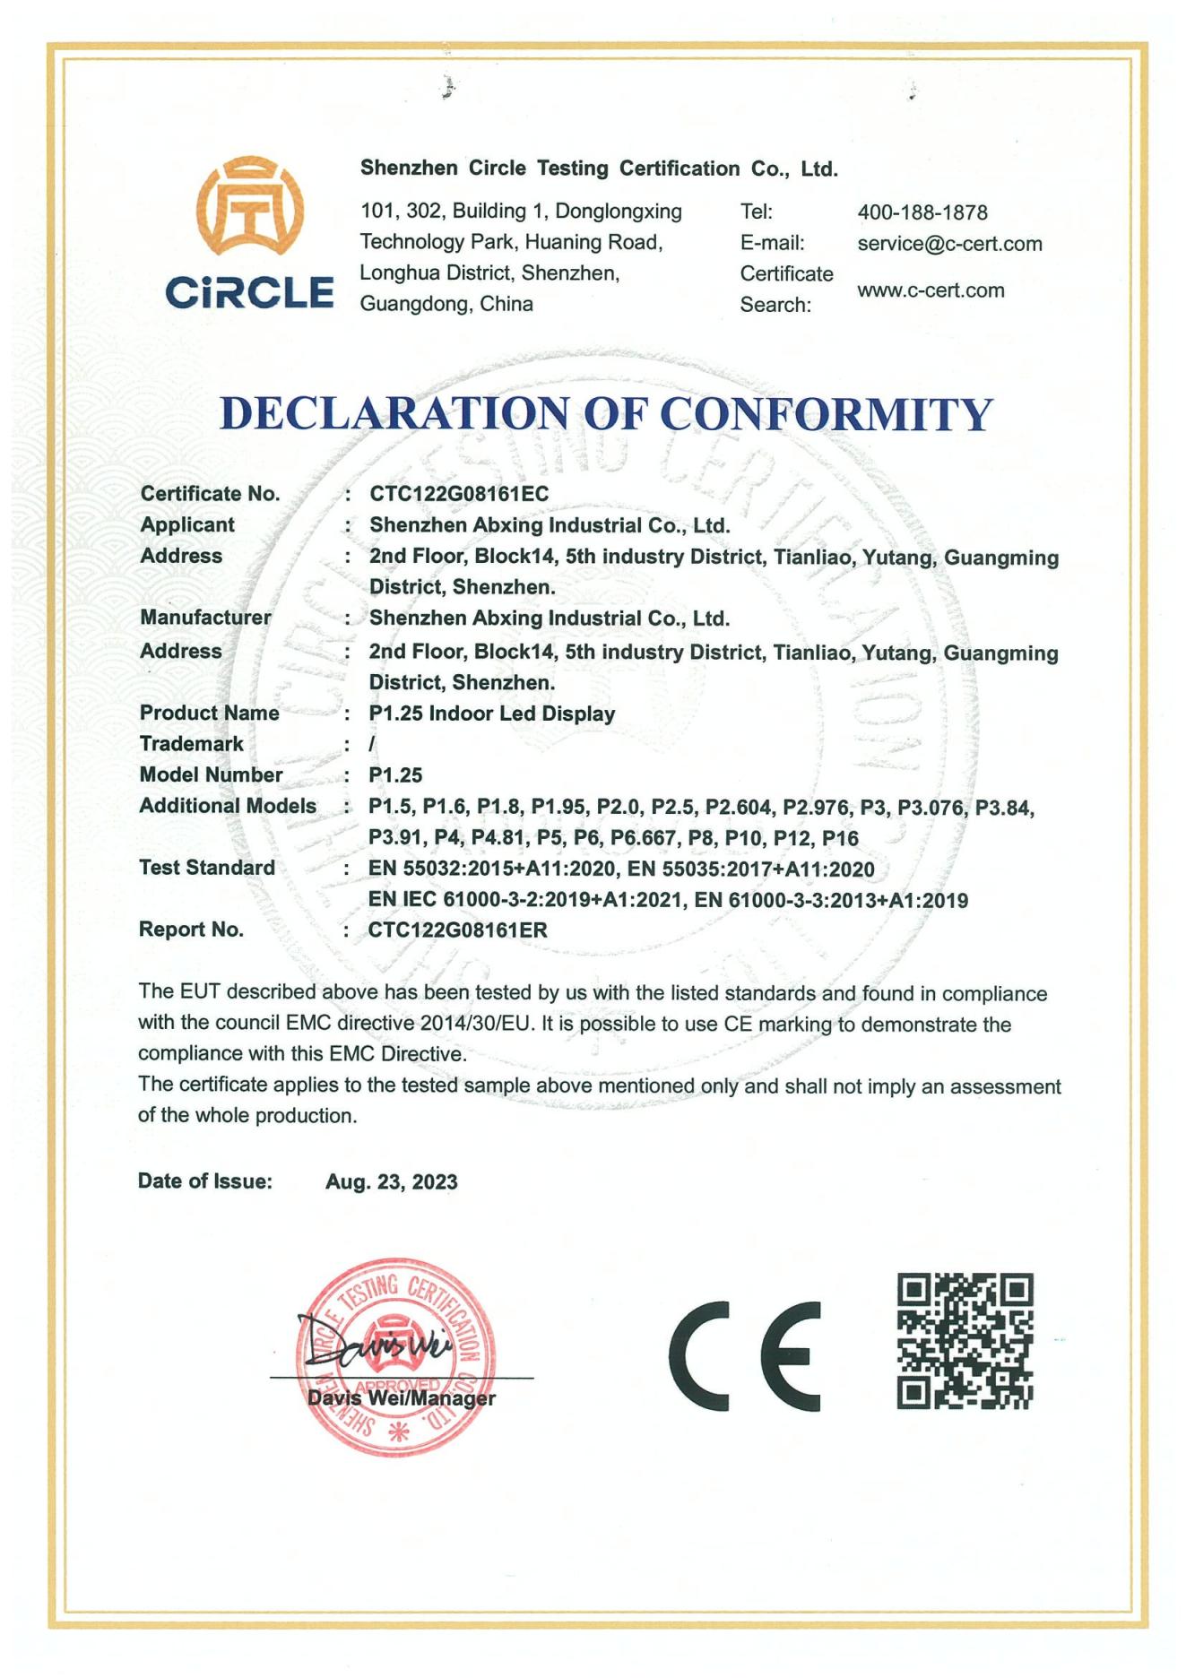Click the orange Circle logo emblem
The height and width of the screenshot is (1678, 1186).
coord(250,207)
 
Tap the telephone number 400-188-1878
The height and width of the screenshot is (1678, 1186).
coord(922,212)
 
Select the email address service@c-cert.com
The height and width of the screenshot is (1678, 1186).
coord(948,244)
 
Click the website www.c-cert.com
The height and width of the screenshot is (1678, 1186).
coord(930,290)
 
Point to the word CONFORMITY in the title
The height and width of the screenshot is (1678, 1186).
coord(826,414)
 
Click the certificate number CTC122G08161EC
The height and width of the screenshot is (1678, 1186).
coord(458,494)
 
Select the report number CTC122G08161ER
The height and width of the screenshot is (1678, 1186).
coord(457,930)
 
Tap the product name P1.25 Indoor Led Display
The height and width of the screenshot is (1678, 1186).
coord(491,714)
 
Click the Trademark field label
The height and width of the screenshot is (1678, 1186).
coord(191,744)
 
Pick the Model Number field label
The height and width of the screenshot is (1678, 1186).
coord(211,774)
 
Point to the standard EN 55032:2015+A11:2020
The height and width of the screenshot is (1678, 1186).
coord(491,869)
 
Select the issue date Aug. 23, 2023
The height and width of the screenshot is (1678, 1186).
coord(391,1181)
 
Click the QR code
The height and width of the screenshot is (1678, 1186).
coord(965,1341)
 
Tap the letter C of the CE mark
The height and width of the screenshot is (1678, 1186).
coord(697,1355)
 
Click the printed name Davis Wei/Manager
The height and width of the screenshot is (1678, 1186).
coord(401,1398)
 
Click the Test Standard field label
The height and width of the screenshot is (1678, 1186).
coord(206,868)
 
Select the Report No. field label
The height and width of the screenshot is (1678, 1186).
coord(191,930)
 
